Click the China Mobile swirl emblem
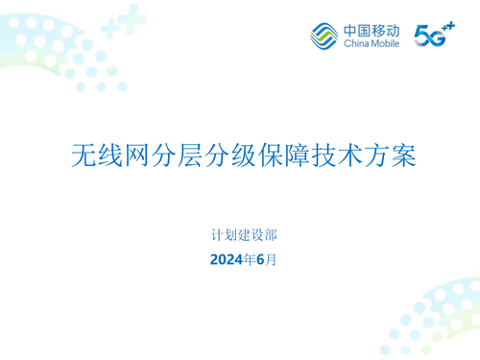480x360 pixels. tap(324, 35)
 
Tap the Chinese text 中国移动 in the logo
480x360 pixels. tap(370, 29)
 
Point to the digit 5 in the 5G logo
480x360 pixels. tap(420, 36)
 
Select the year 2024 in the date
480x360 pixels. tap(227, 259)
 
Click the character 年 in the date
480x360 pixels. tap(249, 259)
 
